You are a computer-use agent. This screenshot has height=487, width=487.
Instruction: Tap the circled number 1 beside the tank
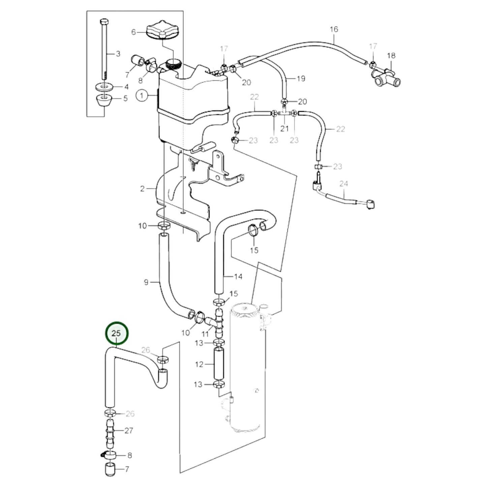pos(142,96)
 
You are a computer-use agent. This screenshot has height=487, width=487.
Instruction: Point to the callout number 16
pos(334,29)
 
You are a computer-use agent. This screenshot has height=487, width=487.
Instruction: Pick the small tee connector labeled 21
pos(284,114)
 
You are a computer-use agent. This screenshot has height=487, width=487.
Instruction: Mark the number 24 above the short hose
pos(343,184)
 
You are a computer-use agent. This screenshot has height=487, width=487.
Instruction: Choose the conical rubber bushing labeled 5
pos(104,100)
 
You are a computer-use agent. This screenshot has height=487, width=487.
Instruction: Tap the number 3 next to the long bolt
pos(118,54)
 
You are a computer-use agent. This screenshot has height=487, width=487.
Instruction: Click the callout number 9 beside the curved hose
pos(146,282)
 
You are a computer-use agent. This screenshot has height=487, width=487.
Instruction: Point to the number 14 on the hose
pos(238,277)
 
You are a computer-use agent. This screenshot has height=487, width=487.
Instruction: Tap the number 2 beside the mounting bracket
pos(142,189)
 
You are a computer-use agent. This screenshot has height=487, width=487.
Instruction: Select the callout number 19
pos(301,79)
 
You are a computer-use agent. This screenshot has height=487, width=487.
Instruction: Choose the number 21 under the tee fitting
pos(284,128)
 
